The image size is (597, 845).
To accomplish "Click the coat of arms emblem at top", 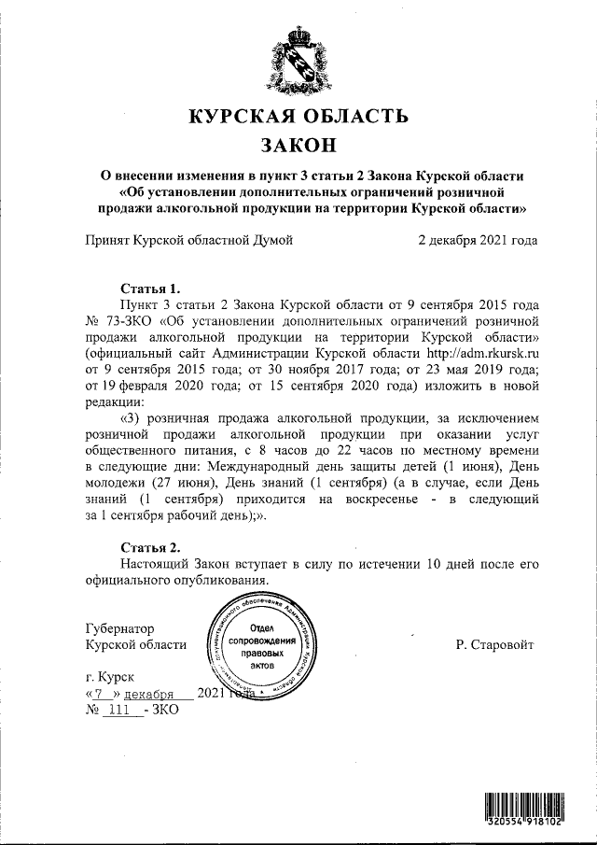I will (x=298, y=62).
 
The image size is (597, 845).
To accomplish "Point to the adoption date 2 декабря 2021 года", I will (x=478, y=240).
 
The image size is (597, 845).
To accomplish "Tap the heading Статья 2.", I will (x=150, y=546).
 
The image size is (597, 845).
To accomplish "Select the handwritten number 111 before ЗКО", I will (x=118, y=711).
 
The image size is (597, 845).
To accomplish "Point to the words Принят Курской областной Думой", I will (x=189, y=240).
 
